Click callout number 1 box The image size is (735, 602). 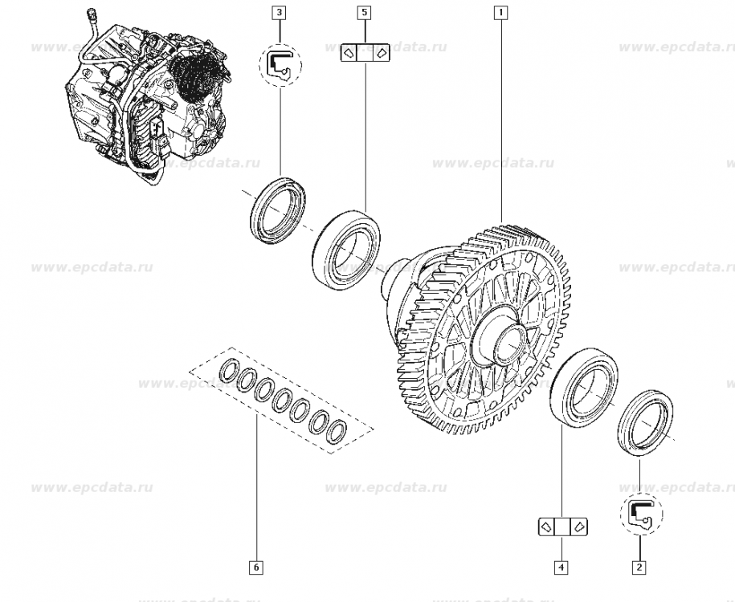(500, 12)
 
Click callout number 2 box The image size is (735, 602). (639, 567)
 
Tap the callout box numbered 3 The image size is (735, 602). (280, 12)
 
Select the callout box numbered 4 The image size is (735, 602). (561, 567)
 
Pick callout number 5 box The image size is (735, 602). (365, 12)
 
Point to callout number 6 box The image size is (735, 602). (256, 567)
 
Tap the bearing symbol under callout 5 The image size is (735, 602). (365, 53)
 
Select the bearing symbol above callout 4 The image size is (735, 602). (562, 527)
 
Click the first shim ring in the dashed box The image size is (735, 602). (230, 369)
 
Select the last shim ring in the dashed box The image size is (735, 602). (336, 432)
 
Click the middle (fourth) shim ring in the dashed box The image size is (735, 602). (283, 401)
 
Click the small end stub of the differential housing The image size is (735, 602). (393, 281)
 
